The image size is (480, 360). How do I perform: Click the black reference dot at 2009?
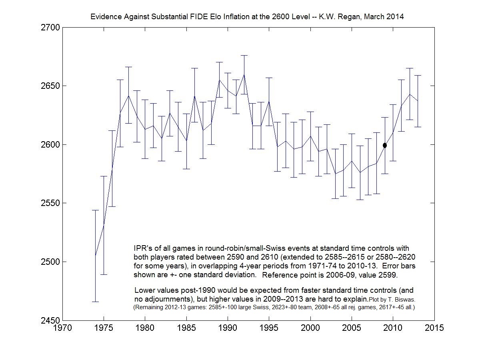click(x=385, y=145)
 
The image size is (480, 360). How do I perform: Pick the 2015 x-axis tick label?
click(x=434, y=328)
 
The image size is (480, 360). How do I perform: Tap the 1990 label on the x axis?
click(x=228, y=328)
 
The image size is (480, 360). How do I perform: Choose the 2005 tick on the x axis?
click(x=352, y=328)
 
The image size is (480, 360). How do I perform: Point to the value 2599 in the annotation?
click(x=400, y=275)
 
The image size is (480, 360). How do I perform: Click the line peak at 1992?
click(x=244, y=74)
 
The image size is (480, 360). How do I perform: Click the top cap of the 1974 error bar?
click(x=95, y=210)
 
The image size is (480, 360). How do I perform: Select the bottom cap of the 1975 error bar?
click(x=104, y=274)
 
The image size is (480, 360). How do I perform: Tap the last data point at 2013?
click(x=418, y=101)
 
